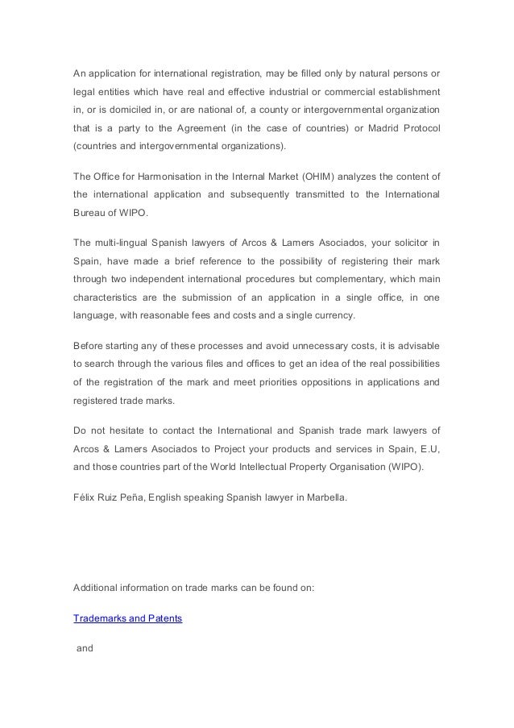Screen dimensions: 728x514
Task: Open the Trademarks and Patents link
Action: pos(127,617)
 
